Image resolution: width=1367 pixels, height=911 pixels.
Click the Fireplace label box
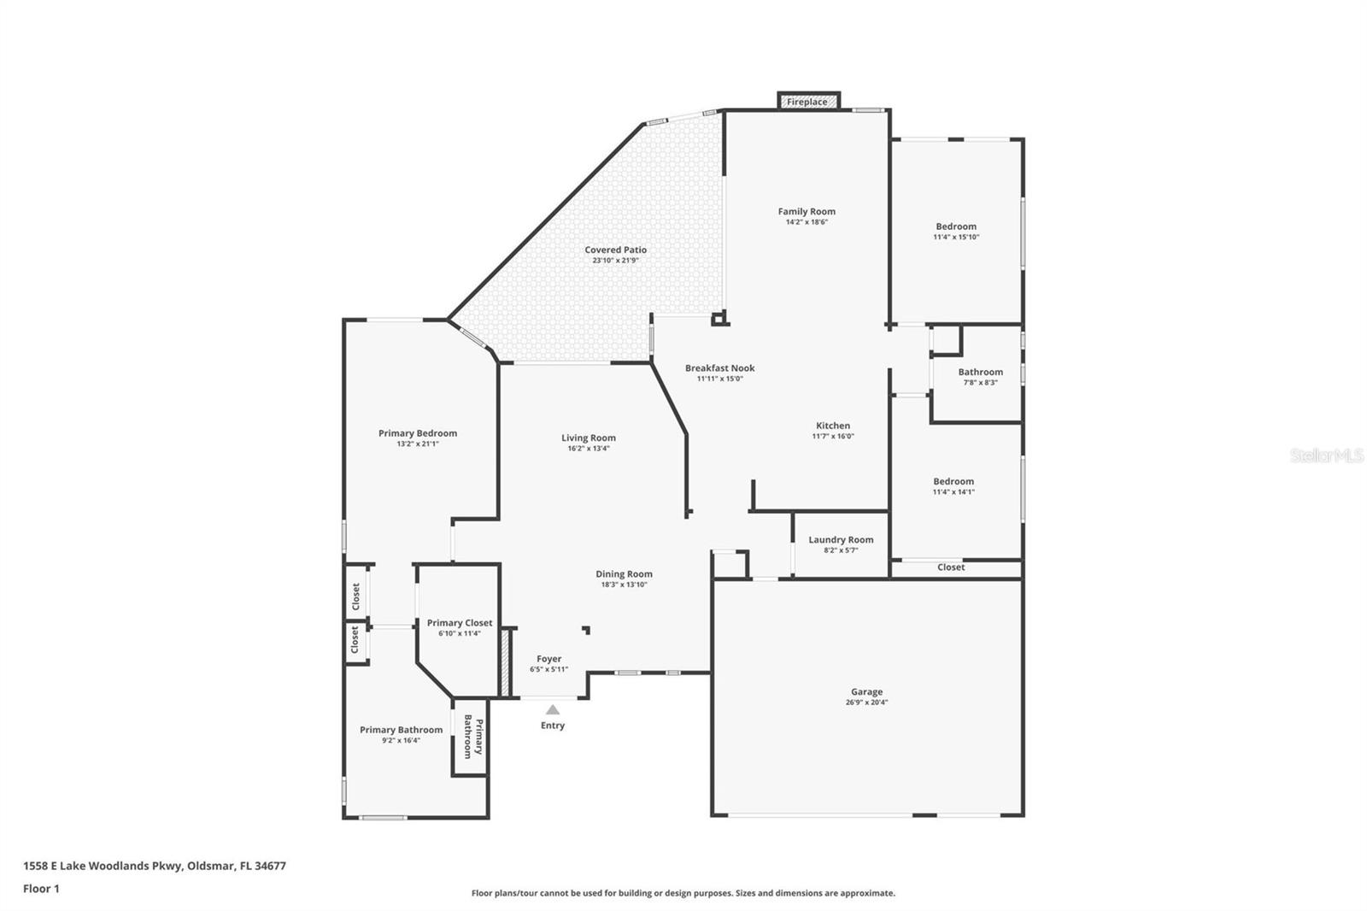pyautogui.click(x=807, y=102)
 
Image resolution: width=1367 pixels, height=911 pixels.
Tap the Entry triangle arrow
pyautogui.click(x=553, y=709)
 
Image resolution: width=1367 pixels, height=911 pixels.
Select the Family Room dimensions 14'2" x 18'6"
pyautogui.click(x=807, y=222)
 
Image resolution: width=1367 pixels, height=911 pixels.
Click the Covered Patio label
pyautogui.click(x=615, y=250)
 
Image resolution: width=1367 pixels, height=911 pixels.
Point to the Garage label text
pyautogui.click(x=866, y=691)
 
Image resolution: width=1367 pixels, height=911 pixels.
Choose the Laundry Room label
pyautogui.click(x=841, y=539)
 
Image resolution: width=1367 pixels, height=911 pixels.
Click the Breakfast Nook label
pyautogui.click(x=719, y=368)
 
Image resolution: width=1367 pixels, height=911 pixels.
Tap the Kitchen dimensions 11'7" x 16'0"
pyautogui.click(x=832, y=436)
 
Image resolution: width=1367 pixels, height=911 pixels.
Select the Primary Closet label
pyautogui.click(x=460, y=623)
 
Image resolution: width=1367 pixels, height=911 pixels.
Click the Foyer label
pyautogui.click(x=549, y=659)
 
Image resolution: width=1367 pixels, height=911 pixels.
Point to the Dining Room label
pyautogui.click(x=624, y=574)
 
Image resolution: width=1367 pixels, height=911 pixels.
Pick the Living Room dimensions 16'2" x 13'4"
pyautogui.click(x=588, y=448)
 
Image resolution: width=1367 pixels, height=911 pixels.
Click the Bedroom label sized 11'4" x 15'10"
pyautogui.click(x=955, y=226)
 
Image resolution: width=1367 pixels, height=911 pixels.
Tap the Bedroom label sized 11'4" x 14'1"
pyautogui.click(x=953, y=481)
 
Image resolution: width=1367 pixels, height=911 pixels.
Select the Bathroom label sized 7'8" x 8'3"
pyautogui.click(x=980, y=372)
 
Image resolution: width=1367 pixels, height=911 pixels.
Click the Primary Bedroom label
pyautogui.click(x=417, y=433)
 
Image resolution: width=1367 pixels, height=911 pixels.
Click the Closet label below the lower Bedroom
pyautogui.click(x=951, y=567)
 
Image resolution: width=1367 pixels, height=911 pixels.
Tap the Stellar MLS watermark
pyautogui.click(x=1326, y=455)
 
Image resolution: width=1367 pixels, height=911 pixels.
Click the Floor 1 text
pyautogui.click(x=41, y=889)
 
